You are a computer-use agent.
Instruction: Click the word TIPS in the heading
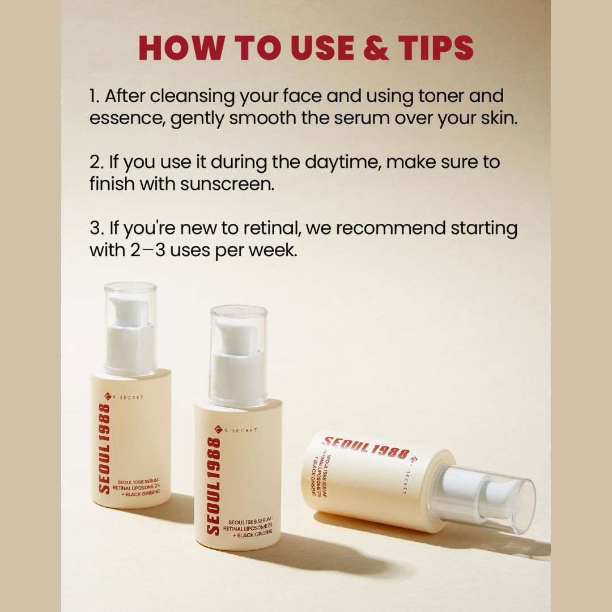click(x=436, y=48)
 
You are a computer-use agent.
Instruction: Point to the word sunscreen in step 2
click(x=227, y=184)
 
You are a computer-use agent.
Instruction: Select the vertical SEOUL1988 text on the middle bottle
click(x=213, y=486)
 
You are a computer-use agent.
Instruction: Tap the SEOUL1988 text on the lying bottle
click(x=365, y=447)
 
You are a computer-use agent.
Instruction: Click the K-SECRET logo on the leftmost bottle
click(x=124, y=397)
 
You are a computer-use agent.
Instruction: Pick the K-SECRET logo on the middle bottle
click(x=236, y=430)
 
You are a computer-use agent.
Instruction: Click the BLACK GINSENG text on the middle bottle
click(x=253, y=534)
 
